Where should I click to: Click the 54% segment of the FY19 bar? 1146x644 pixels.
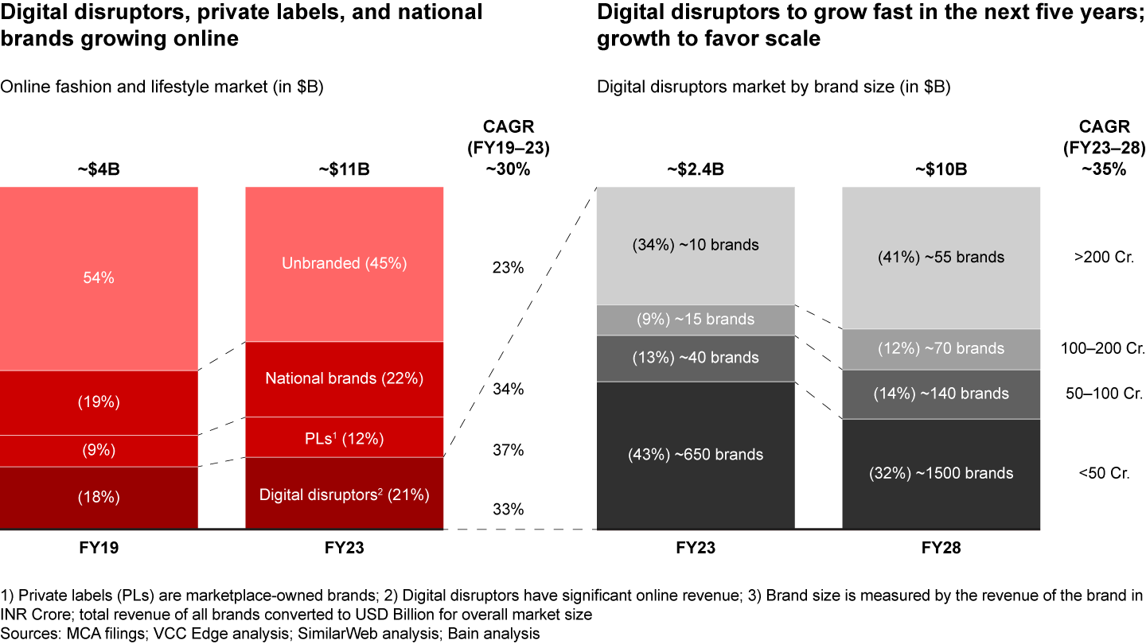tap(99, 278)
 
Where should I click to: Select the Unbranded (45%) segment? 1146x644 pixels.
tap(344, 264)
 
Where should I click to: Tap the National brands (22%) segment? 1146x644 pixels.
tap(344, 378)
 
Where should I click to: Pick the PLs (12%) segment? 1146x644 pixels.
tap(344, 436)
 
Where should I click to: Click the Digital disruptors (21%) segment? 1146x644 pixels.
tap(344, 495)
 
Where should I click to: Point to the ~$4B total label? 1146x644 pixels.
tap(99, 169)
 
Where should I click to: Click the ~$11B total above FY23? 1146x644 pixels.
tap(344, 169)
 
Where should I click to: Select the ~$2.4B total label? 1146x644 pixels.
tap(696, 169)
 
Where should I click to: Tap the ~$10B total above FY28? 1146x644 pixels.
tap(941, 169)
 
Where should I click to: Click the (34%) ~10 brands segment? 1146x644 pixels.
tap(696, 245)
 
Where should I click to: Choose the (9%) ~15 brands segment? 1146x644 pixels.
tap(696, 320)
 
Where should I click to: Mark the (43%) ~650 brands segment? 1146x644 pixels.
tap(696, 455)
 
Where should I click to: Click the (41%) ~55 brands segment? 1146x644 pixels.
tap(941, 257)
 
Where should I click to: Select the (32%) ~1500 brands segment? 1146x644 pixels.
tap(941, 473)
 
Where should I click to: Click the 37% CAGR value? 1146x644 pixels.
tap(508, 450)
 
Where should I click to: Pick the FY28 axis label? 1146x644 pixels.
tap(941, 548)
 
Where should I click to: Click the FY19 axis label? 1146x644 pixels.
tap(99, 548)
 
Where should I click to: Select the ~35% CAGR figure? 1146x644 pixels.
tap(1103, 169)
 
